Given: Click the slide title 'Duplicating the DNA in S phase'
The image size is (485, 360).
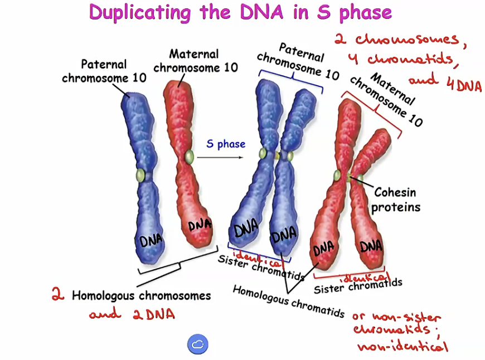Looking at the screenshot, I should (x=240, y=12).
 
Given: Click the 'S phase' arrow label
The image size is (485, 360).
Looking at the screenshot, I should (x=226, y=144).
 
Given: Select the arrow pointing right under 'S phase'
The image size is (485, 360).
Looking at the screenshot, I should (x=221, y=158).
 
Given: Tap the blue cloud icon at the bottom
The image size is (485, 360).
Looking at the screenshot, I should (x=197, y=344).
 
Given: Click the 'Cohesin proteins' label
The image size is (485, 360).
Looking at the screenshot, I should (x=395, y=200).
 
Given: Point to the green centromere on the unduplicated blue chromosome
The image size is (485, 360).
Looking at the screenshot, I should (x=140, y=176).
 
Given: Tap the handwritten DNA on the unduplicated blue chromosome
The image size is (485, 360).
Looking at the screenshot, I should (x=151, y=241).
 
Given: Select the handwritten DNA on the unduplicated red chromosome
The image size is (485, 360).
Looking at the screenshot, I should (x=200, y=225).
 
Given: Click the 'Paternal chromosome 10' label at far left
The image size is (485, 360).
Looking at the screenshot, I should (x=104, y=71).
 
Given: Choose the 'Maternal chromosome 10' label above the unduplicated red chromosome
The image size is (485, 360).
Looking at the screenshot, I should (x=195, y=61).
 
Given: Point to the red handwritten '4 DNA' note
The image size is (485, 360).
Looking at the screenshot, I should (x=463, y=85).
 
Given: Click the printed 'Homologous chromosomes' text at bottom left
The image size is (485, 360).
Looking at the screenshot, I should (x=141, y=295).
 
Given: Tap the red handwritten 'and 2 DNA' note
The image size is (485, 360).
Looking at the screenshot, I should (x=132, y=314).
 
